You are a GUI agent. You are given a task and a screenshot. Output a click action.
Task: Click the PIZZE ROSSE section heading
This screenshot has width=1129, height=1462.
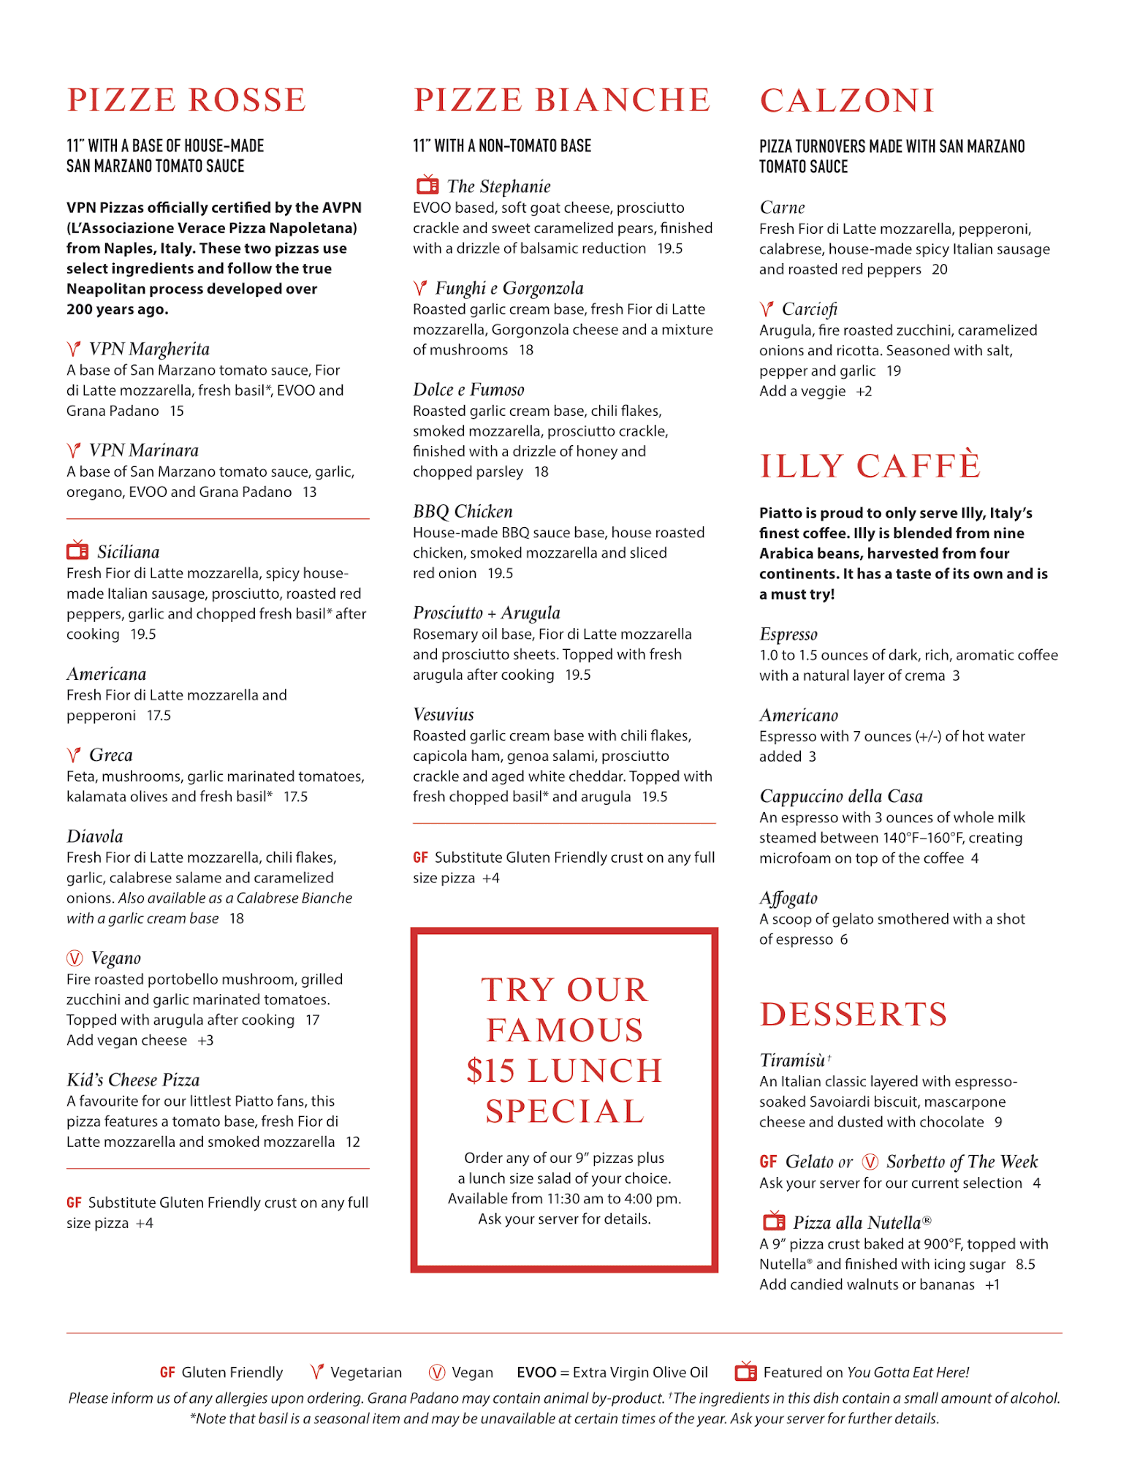click(x=186, y=100)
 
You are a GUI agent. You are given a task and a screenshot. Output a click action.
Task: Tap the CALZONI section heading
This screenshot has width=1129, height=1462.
click(x=847, y=101)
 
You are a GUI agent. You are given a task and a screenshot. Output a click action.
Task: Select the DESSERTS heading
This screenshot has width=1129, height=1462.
click(x=854, y=1015)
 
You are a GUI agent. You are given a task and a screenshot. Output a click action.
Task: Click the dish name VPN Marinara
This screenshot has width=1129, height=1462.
click(x=143, y=450)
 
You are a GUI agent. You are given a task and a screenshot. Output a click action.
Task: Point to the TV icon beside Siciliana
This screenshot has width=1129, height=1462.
click(x=77, y=550)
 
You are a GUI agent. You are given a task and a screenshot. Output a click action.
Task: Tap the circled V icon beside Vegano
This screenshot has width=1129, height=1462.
click(x=75, y=958)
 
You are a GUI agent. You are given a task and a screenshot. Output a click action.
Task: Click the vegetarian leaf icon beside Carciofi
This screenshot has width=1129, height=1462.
click(x=766, y=308)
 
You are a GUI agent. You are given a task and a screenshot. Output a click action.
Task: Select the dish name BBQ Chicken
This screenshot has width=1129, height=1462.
click(x=463, y=511)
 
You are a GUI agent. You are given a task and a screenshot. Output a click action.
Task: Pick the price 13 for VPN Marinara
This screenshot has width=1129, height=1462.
click(x=310, y=492)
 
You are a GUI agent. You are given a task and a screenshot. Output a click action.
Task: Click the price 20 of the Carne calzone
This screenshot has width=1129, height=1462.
click(x=939, y=269)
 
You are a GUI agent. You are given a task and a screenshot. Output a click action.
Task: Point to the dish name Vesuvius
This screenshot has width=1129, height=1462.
click(x=443, y=714)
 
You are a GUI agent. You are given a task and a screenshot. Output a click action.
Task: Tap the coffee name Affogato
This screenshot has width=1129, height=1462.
click(x=788, y=898)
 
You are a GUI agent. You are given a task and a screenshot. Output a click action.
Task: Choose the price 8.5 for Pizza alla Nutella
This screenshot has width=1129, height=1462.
click(x=1025, y=1264)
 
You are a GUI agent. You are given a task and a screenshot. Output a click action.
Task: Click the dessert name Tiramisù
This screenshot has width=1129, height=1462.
click(x=792, y=1060)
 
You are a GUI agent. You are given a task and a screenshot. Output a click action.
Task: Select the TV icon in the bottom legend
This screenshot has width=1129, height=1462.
click(x=745, y=1371)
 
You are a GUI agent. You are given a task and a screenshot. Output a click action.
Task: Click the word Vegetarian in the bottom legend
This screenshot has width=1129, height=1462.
click(x=365, y=1372)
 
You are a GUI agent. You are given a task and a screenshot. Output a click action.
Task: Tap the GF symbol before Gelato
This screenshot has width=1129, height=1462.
click(x=768, y=1162)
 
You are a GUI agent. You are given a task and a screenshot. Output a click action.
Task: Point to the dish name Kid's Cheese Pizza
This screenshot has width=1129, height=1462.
click(x=133, y=1080)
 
